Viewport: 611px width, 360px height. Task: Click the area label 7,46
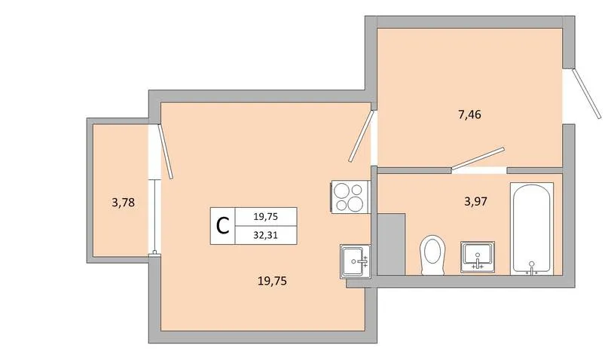[469, 114]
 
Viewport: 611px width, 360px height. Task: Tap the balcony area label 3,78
[123, 203]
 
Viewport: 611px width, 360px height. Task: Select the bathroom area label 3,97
[476, 202]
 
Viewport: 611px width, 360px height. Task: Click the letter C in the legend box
[222, 226]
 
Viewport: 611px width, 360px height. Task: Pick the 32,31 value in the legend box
[266, 235]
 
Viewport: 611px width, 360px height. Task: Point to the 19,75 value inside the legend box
[266, 217]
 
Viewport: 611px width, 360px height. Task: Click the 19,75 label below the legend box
[272, 280]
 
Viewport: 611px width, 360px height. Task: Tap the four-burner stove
[350, 197]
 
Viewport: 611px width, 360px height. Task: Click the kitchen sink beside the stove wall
[355, 261]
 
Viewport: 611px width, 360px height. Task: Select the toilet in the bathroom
[432, 255]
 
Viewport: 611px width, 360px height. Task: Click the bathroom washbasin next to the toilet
[478, 256]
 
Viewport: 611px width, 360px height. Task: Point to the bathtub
[531, 228]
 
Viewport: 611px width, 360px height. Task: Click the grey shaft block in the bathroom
[391, 244]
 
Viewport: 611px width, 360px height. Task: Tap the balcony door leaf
[165, 151]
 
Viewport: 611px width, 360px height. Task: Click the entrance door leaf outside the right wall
[586, 93]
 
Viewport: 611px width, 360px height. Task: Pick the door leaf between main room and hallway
[361, 136]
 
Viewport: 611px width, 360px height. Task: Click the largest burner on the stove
[356, 203]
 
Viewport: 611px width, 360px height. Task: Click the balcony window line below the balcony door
[155, 217]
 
